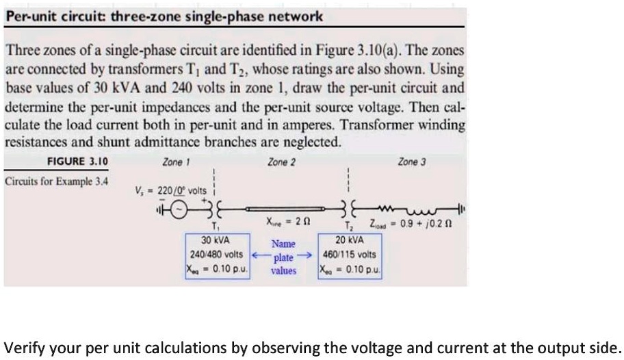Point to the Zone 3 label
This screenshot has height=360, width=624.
click(411, 162)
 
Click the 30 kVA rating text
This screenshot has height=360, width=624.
click(215, 241)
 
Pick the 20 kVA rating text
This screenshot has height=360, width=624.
click(350, 241)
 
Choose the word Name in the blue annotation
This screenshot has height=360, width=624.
click(283, 244)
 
